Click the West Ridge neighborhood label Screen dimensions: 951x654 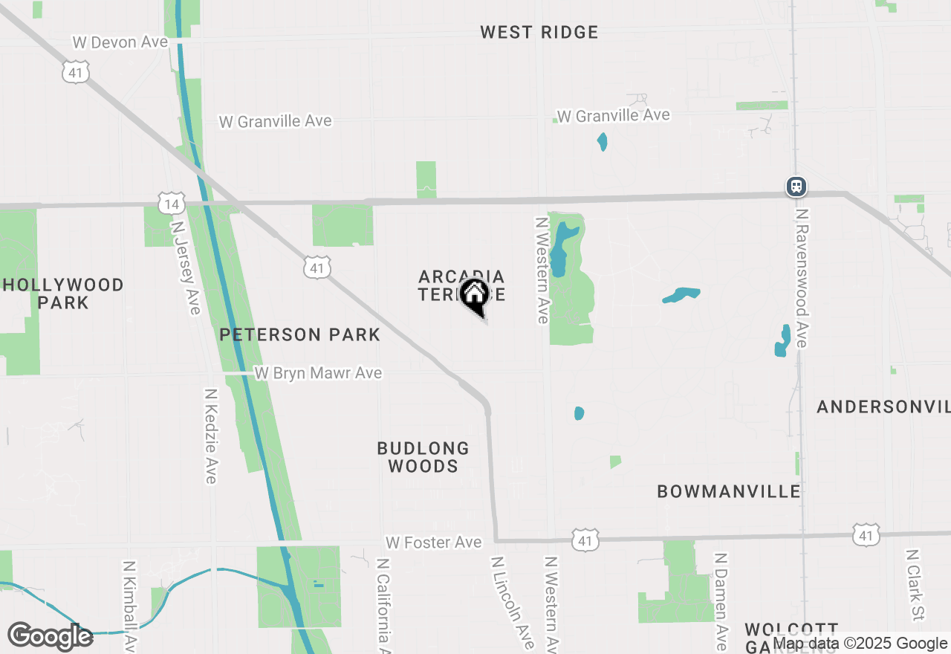point(539,32)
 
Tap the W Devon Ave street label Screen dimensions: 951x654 point(120,42)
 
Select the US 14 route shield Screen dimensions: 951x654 point(171,202)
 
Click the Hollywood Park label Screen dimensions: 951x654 point(63,294)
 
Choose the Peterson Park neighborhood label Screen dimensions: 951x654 point(299,334)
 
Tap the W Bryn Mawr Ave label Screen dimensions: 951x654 point(318,373)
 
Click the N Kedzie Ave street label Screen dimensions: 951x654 point(211,436)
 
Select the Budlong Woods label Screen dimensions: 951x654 point(423,457)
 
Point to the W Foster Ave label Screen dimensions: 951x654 point(433,543)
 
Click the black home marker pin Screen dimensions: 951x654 point(474,296)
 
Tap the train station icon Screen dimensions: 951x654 point(796,186)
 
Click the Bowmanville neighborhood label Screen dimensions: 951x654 point(729,491)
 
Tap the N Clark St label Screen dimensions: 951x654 point(914,586)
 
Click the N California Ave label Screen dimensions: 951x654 point(384,606)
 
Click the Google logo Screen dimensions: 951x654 point(50,636)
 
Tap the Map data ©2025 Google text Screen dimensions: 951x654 point(860,644)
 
